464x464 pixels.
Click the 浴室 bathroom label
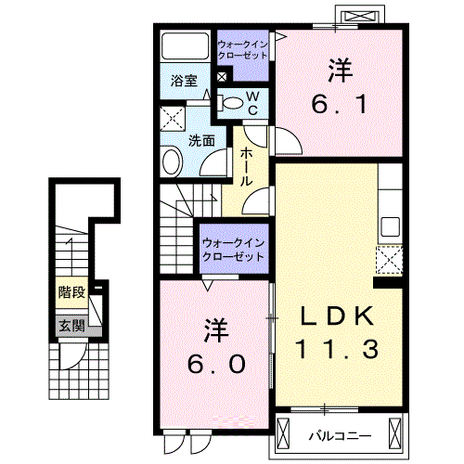pos(183,81)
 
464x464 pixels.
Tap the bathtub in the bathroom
pos(185,46)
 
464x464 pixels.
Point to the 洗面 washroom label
pos(202,141)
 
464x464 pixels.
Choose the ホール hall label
pos(249,167)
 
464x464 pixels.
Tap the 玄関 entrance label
pos(71,326)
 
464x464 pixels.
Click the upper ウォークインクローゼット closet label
pos(243,49)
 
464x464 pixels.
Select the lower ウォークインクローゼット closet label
pos(232,248)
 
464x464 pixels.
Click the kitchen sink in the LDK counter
pos(390,226)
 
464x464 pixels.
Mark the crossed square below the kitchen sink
pos(389,258)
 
